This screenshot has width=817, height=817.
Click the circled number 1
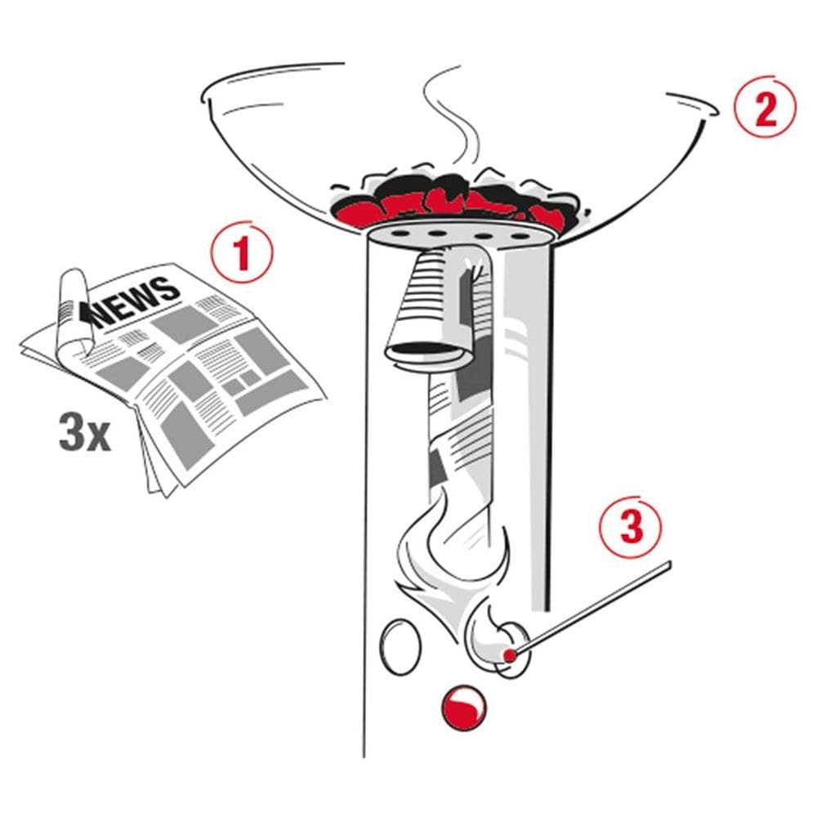coord(241,253)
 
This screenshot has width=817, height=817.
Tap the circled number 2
coord(766,109)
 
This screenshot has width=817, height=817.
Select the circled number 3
coord(631,527)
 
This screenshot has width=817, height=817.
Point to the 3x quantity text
coord(84,433)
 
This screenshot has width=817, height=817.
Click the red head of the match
coord(510,654)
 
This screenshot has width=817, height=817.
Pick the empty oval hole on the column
coord(400,646)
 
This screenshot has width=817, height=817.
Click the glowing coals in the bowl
coord(458,201)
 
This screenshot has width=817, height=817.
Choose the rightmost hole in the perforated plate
coord(519,236)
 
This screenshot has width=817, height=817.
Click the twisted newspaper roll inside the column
coord(459,438)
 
